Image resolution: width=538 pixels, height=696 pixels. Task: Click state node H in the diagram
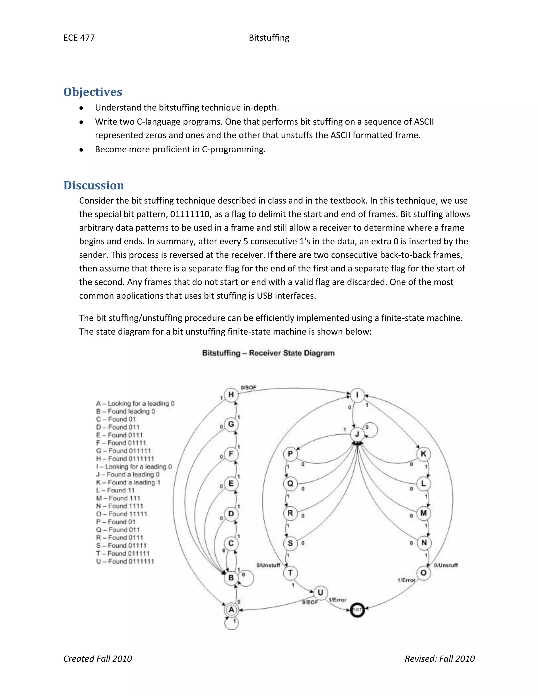click(x=231, y=395)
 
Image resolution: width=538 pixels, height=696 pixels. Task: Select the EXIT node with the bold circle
click(x=357, y=610)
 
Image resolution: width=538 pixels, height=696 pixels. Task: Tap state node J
click(x=357, y=434)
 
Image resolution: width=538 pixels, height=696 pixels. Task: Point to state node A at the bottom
click(x=231, y=610)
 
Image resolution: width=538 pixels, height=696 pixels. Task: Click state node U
click(x=320, y=593)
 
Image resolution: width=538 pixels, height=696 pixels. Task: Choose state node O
click(x=423, y=573)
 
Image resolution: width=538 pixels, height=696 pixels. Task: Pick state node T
click(x=290, y=573)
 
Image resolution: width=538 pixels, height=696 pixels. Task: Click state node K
click(x=423, y=454)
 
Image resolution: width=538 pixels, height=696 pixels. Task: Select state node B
click(x=231, y=578)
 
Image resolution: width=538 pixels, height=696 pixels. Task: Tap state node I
click(x=357, y=395)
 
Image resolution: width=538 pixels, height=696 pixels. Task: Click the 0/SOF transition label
click(x=248, y=387)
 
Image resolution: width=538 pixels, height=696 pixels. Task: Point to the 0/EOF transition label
click(x=310, y=602)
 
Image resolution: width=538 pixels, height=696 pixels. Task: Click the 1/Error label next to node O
click(x=406, y=580)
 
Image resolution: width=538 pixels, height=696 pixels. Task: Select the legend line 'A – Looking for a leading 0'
click(x=135, y=403)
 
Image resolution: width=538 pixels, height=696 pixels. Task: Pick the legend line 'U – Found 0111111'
click(x=125, y=561)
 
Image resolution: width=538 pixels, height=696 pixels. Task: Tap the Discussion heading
click(x=94, y=185)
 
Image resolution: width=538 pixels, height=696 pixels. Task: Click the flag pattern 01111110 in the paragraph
click(x=190, y=214)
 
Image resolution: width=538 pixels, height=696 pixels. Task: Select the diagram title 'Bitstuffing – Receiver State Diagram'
click(x=268, y=353)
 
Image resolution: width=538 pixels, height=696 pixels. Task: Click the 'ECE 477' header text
click(x=79, y=38)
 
